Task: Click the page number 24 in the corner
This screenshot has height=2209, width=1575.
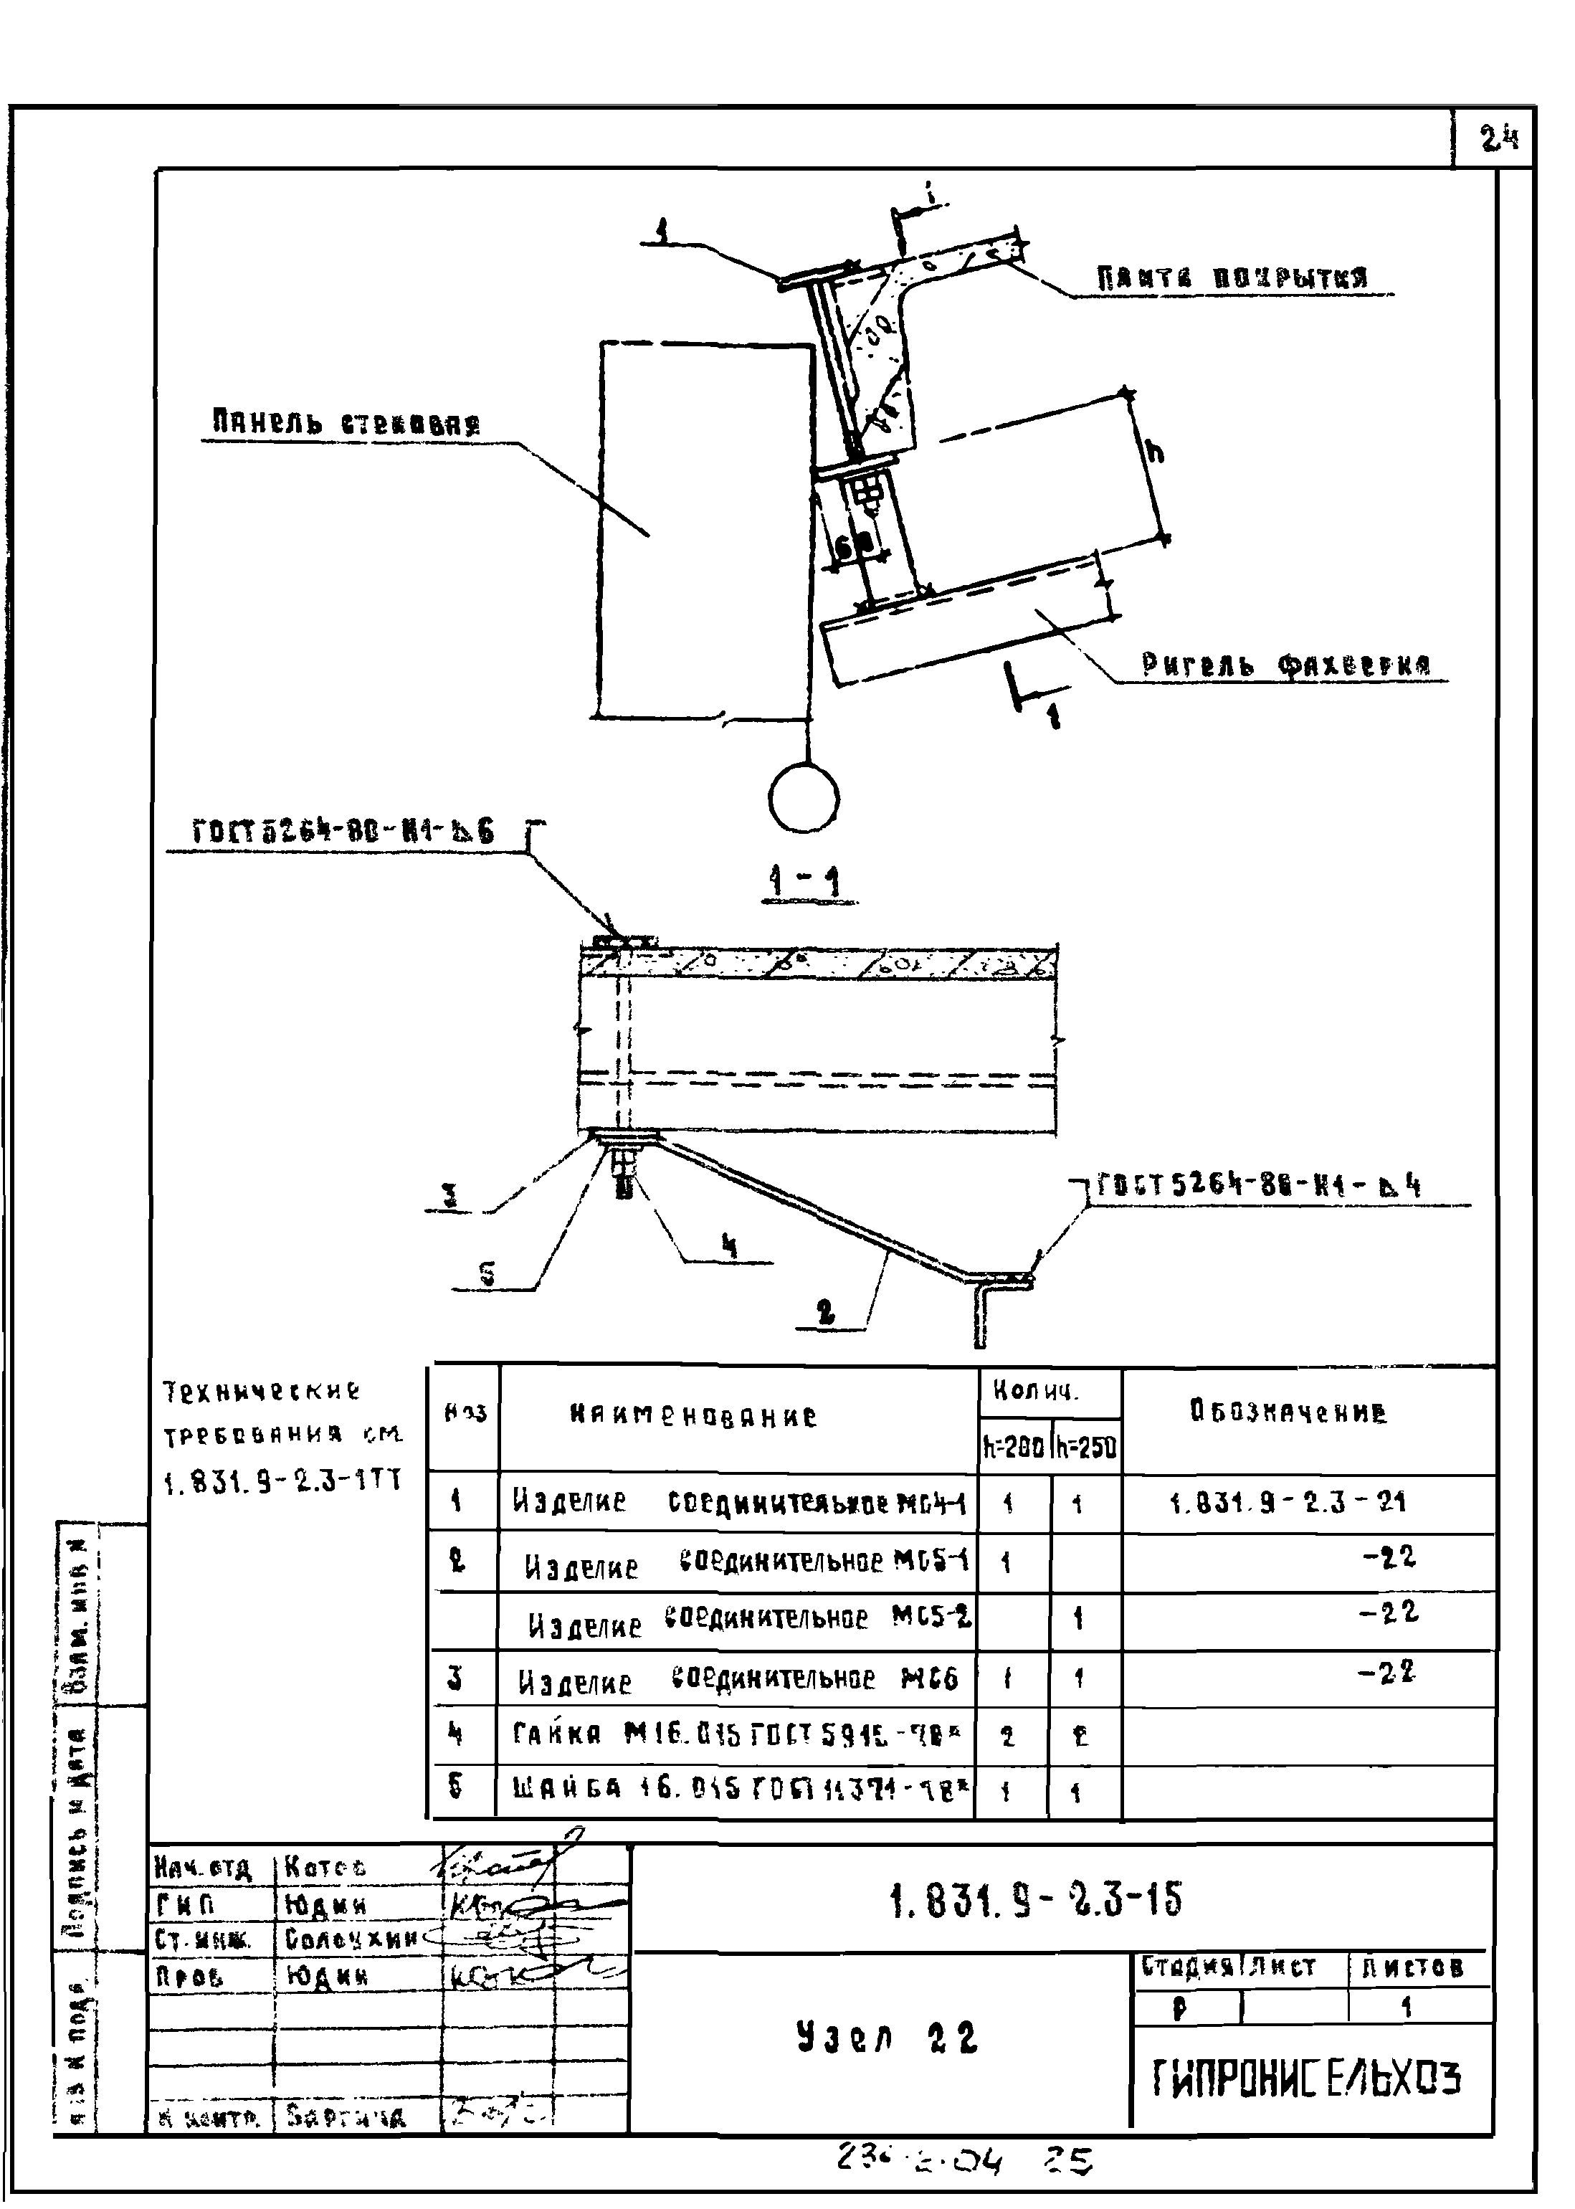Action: (1498, 140)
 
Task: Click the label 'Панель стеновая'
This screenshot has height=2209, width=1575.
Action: (346, 423)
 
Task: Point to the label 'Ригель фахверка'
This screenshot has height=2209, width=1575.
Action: (1285, 665)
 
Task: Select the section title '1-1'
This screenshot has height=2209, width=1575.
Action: (804, 883)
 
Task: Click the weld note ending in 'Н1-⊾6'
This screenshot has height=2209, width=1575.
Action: (343, 831)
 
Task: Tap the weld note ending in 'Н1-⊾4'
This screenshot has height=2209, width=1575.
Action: (1259, 1185)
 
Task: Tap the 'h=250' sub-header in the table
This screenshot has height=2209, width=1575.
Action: (1085, 1449)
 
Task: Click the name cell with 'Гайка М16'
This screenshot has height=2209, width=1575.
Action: (736, 1735)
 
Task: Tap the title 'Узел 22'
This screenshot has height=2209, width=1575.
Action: (885, 2038)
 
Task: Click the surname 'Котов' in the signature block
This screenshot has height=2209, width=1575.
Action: (325, 1867)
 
